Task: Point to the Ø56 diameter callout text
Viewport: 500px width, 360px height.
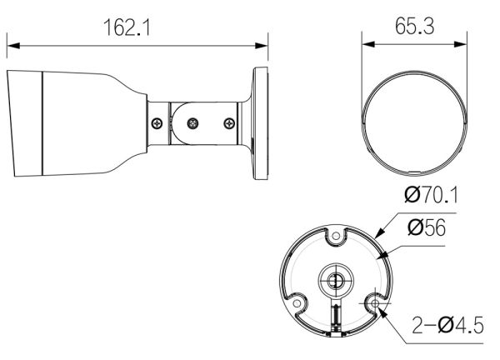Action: pos(427,227)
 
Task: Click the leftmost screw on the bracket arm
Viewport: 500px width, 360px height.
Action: pos(157,123)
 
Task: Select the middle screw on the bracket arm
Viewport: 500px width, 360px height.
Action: pos(192,123)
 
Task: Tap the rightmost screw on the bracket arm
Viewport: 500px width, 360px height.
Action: pos(230,123)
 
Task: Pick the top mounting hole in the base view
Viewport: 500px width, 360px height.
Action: pos(335,239)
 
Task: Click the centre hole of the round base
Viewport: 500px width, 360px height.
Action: pos(335,280)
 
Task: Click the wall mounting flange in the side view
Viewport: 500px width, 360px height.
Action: pos(259,125)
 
